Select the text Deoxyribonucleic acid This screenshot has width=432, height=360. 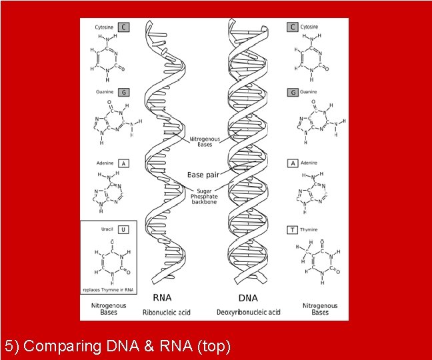pyautogui.click(x=249, y=311)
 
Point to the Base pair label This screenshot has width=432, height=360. pyautogui.click(x=202, y=175)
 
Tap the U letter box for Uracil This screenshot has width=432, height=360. pyautogui.click(x=123, y=229)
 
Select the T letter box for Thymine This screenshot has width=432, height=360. pyautogui.click(x=291, y=229)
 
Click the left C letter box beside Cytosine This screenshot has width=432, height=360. pyautogui.click(x=124, y=27)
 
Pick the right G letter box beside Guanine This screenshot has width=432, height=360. pyautogui.click(x=291, y=92)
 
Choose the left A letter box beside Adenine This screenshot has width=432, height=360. pyautogui.click(x=123, y=163)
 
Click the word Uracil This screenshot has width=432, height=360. pyautogui.click(x=107, y=229)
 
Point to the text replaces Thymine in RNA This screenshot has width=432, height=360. pyautogui.click(x=108, y=290)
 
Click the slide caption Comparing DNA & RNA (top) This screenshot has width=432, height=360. pyautogui.click(x=117, y=346)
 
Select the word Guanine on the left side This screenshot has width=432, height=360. pyautogui.click(x=104, y=91)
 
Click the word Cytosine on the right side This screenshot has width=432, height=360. pyautogui.click(x=309, y=27)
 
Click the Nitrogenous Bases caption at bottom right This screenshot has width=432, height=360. pyautogui.click(x=320, y=309)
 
